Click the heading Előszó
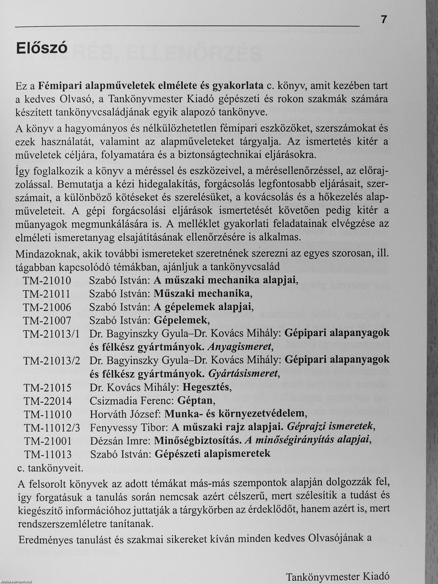click(42, 49)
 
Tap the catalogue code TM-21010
click(47, 281)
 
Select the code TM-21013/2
click(52, 361)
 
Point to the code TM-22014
click(48, 401)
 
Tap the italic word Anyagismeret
click(241, 347)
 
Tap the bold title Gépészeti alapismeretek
click(212, 454)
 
